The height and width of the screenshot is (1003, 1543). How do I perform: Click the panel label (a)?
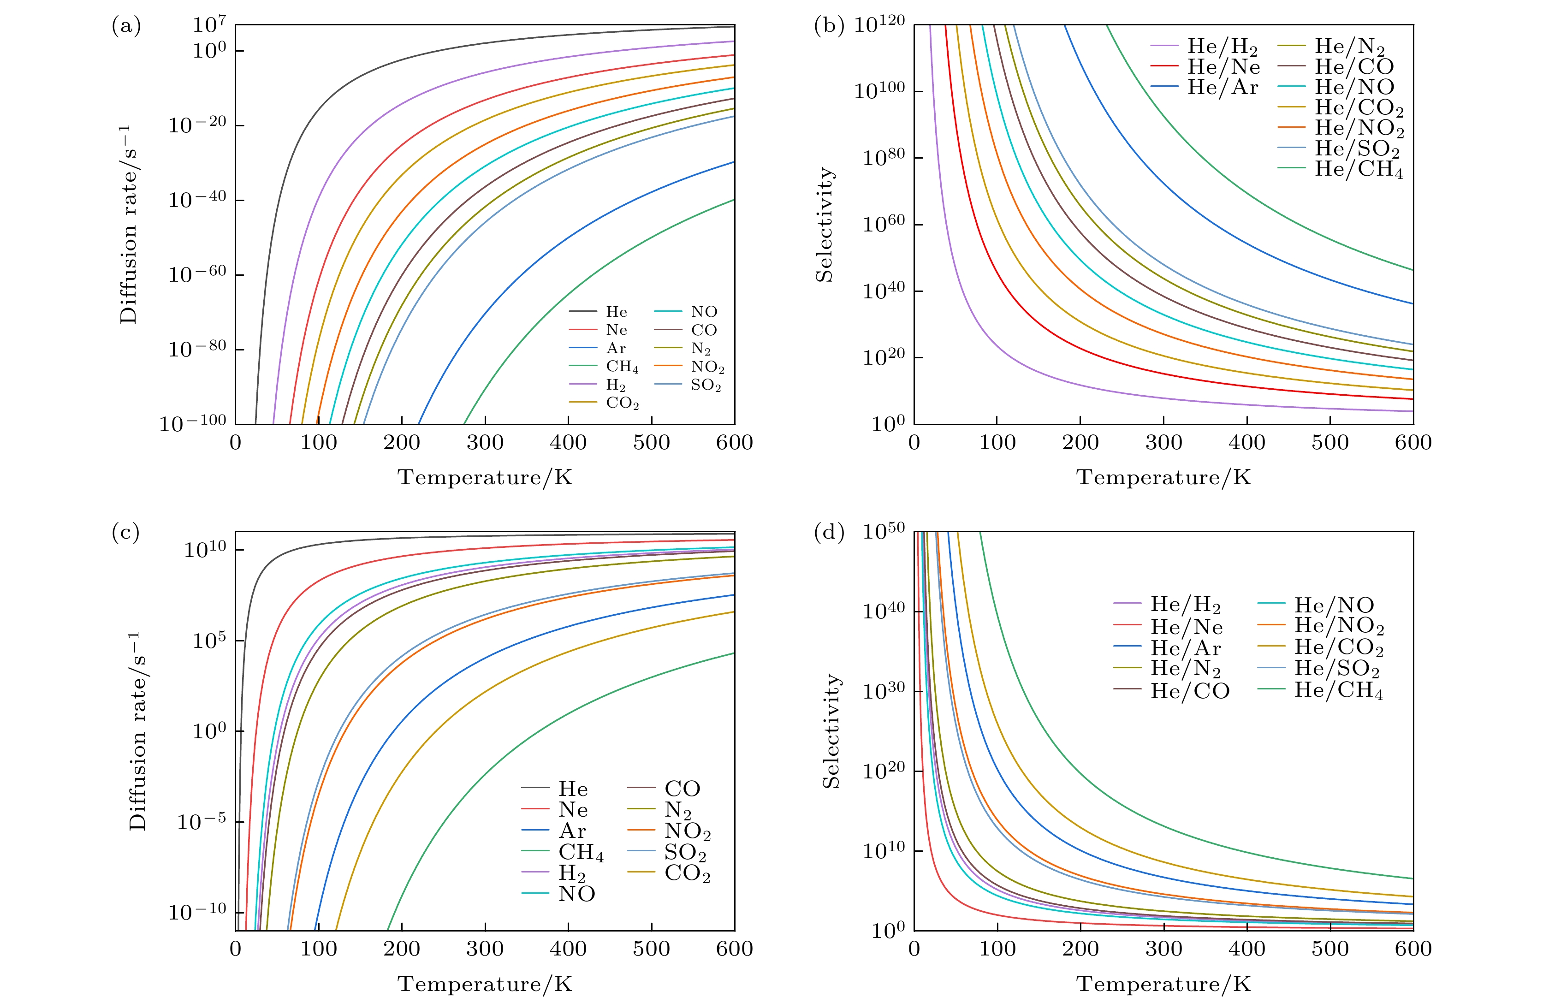(126, 26)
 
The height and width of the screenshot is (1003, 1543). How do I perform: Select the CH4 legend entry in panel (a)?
(622, 367)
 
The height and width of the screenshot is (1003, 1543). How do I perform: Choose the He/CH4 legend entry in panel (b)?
(1358, 169)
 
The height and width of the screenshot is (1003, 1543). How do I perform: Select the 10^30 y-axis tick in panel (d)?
(883, 692)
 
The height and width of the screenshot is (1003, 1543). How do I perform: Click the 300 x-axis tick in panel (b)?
(1164, 443)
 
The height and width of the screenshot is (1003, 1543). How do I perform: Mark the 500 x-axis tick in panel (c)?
(651, 949)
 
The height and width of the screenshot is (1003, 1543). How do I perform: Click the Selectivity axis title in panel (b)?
(824, 224)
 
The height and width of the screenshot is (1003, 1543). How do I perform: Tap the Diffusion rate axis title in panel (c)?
(137, 731)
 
